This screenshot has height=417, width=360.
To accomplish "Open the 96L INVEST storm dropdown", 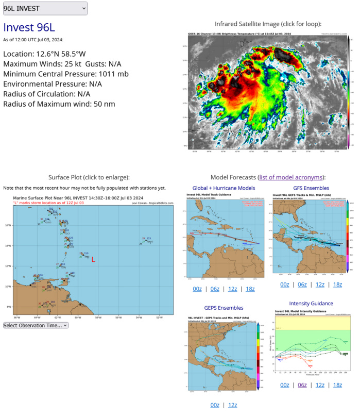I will (x=45, y=8).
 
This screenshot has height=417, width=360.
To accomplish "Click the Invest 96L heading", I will (x=29, y=28).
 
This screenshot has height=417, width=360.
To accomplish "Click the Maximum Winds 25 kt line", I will (x=62, y=64).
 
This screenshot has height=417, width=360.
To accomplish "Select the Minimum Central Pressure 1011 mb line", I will (x=65, y=74).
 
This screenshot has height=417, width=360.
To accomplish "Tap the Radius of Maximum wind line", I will (x=59, y=104).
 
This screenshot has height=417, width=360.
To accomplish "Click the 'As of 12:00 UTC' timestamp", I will (x=33, y=40).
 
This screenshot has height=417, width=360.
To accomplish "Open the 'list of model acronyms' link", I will (x=291, y=177).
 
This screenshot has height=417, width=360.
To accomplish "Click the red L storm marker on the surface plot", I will (x=93, y=260).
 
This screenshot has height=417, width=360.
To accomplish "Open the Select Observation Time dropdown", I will (x=36, y=325).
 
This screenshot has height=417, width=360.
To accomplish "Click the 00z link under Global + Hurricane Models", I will (x=197, y=289).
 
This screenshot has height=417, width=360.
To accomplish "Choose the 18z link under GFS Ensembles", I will (x=337, y=285).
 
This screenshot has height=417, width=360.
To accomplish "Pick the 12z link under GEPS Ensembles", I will (x=232, y=405).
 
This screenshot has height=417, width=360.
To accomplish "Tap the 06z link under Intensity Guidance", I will (x=302, y=385).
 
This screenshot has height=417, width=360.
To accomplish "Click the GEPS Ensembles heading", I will (x=224, y=308).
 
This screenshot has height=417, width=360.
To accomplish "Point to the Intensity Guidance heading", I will (x=311, y=303).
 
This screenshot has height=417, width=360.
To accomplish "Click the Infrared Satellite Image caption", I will (x=268, y=24).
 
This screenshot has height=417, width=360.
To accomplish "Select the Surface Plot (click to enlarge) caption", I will (x=89, y=177).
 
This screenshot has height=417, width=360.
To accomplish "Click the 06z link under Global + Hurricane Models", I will (x=215, y=289).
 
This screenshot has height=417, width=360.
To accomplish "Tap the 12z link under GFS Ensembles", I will (x=320, y=285).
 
